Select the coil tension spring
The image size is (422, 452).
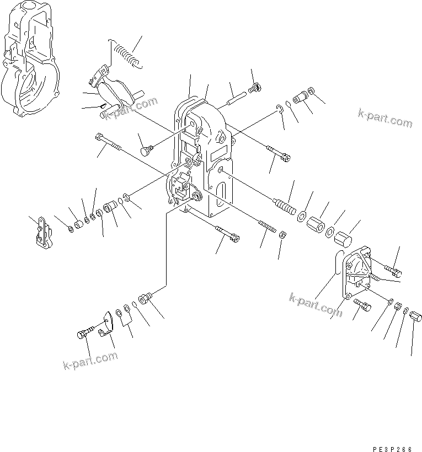click(x=125, y=52)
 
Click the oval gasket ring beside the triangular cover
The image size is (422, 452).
click(x=337, y=263)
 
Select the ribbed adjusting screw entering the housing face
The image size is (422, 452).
click(x=284, y=206)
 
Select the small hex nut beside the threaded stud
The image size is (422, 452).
click(x=281, y=234)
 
